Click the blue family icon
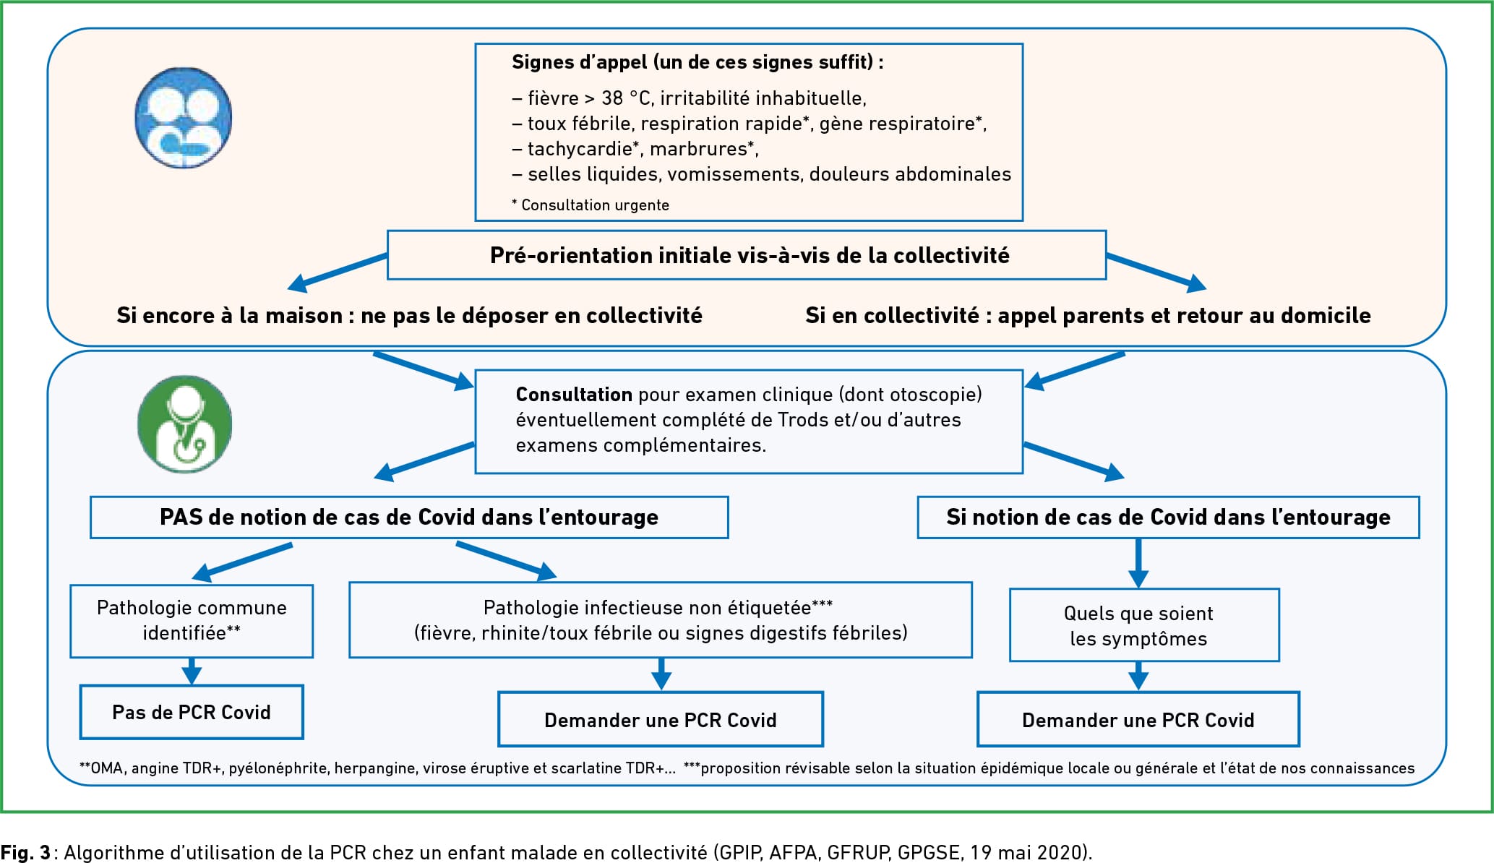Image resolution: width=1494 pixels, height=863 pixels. tap(184, 118)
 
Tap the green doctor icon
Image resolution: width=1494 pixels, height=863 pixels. tap(184, 424)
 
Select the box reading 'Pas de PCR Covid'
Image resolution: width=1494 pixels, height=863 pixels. tap(192, 712)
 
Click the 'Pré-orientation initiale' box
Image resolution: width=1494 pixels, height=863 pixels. tap(747, 255)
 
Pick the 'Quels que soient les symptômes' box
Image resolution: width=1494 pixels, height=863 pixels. tap(1144, 625)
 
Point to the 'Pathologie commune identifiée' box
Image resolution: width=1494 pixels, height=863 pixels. tap(192, 621)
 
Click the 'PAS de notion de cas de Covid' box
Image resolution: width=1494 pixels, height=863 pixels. tap(409, 517)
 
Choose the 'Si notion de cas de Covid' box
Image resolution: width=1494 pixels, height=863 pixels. tap(1168, 517)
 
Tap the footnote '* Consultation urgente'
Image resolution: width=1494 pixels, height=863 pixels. tap(591, 205)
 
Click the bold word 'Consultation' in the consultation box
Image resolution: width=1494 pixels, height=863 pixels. tap(574, 395)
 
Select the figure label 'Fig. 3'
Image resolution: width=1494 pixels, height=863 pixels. tap(25, 852)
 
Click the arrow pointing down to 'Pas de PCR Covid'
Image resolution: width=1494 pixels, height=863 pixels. tap(192, 671)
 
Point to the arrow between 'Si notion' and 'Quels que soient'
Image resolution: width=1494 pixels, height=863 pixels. tap(1138, 563)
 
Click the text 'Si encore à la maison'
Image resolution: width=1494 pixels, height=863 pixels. tap(230, 316)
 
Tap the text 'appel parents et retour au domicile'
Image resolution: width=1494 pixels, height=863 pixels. tap(1184, 316)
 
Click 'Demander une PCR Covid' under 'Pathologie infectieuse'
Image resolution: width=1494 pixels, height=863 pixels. tap(661, 720)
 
